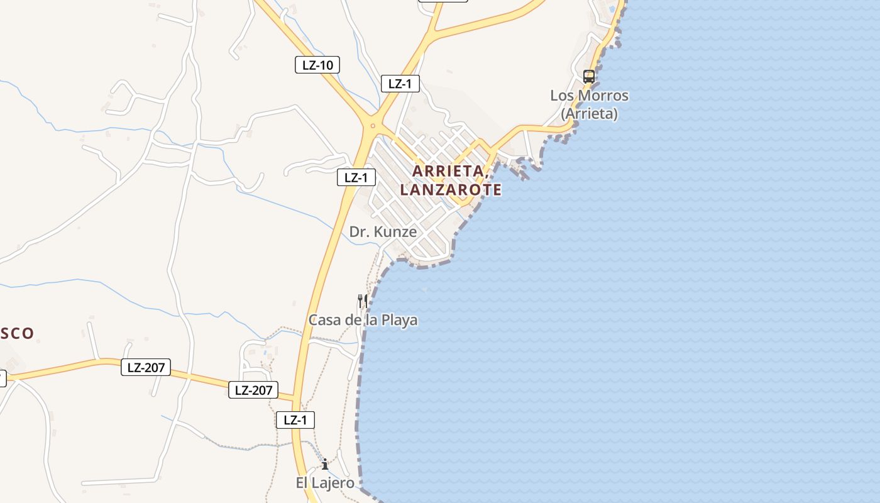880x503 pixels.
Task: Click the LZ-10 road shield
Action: (x=317, y=64)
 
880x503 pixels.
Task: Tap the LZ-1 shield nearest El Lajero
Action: (x=295, y=420)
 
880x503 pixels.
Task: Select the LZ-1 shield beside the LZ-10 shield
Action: (x=400, y=84)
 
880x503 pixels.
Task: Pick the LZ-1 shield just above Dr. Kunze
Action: (x=356, y=177)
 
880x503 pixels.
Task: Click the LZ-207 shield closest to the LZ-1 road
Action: (x=253, y=390)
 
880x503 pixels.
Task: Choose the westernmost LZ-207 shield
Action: (x=146, y=367)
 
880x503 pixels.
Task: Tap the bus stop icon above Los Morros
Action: (x=589, y=77)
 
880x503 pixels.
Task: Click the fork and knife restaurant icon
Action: (x=362, y=301)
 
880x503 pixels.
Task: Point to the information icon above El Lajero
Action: (x=325, y=465)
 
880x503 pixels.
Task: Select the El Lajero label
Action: (x=325, y=483)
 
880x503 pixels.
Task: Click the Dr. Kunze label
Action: (x=383, y=232)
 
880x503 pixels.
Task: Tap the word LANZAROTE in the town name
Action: (x=451, y=189)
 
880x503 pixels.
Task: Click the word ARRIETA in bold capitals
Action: (x=448, y=171)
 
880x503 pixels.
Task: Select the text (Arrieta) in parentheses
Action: (x=589, y=114)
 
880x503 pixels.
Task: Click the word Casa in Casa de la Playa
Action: (x=325, y=320)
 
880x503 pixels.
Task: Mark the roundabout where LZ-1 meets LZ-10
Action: (x=373, y=126)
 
